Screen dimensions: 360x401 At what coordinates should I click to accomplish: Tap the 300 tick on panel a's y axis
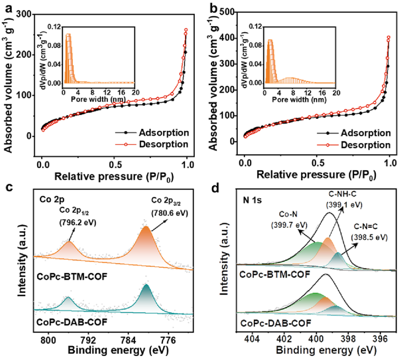(x=27, y=15)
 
